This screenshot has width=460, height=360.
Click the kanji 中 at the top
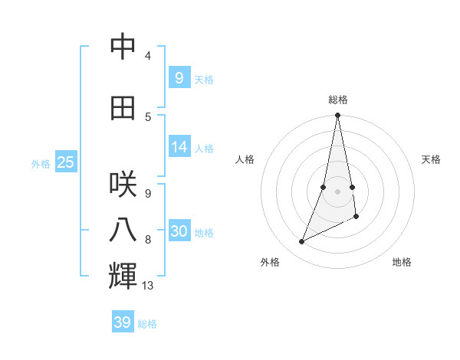[x=123, y=47]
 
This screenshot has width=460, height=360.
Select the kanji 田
[x=123, y=108]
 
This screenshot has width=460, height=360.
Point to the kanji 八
[x=123, y=231]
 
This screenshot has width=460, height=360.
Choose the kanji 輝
[x=123, y=276]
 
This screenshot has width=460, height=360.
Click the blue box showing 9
[x=179, y=78]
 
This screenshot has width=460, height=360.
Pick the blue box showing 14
[x=179, y=147]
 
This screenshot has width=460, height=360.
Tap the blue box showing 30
[x=179, y=231]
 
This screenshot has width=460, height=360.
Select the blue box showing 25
[x=66, y=162]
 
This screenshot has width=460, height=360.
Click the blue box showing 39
[x=123, y=322]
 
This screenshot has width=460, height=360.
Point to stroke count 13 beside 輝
[x=147, y=286]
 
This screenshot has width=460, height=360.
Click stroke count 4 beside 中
[x=147, y=56]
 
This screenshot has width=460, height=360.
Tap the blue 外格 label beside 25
[x=41, y=163]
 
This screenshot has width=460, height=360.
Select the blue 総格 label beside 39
[x=147, y=324]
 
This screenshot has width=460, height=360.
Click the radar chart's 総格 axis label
[x=337, y=100]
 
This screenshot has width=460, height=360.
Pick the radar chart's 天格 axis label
[x=431, y=159]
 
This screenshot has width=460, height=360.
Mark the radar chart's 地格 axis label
[x=402, y=262]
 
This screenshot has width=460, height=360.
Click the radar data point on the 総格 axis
[x=337, y=116]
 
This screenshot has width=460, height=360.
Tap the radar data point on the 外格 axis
[x=302, y=242]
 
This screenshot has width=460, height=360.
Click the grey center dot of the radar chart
[x=337, y=191]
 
